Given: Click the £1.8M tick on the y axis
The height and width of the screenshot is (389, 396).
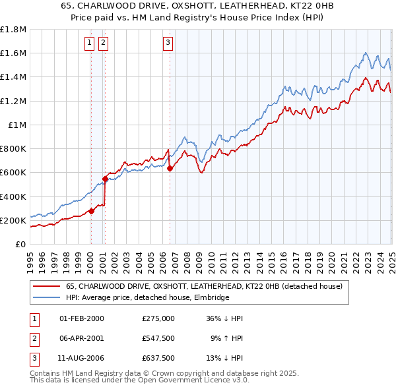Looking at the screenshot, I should pos(13,30).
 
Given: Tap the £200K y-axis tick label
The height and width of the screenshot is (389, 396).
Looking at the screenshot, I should pos(13,220).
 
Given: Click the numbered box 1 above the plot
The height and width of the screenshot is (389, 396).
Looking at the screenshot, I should pos(90,44).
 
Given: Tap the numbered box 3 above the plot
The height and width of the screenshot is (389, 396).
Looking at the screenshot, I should pos(168,44).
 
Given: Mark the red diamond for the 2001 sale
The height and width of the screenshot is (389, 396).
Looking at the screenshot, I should pos(105,179).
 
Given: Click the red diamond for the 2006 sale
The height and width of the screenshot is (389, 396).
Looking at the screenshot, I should pos(170,168).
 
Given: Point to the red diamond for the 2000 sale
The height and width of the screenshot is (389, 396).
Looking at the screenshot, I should pos(91,211).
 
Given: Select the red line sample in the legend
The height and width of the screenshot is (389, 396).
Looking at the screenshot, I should pos(46,287).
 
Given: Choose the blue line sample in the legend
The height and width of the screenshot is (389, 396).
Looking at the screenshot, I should pos(46,298).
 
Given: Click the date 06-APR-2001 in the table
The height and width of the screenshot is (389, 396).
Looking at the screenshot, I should pos(82,338).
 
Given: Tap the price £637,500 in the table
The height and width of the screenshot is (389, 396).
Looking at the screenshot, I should pos(158,358).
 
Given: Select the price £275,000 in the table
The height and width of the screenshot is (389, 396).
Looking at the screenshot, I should pos(158,318).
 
